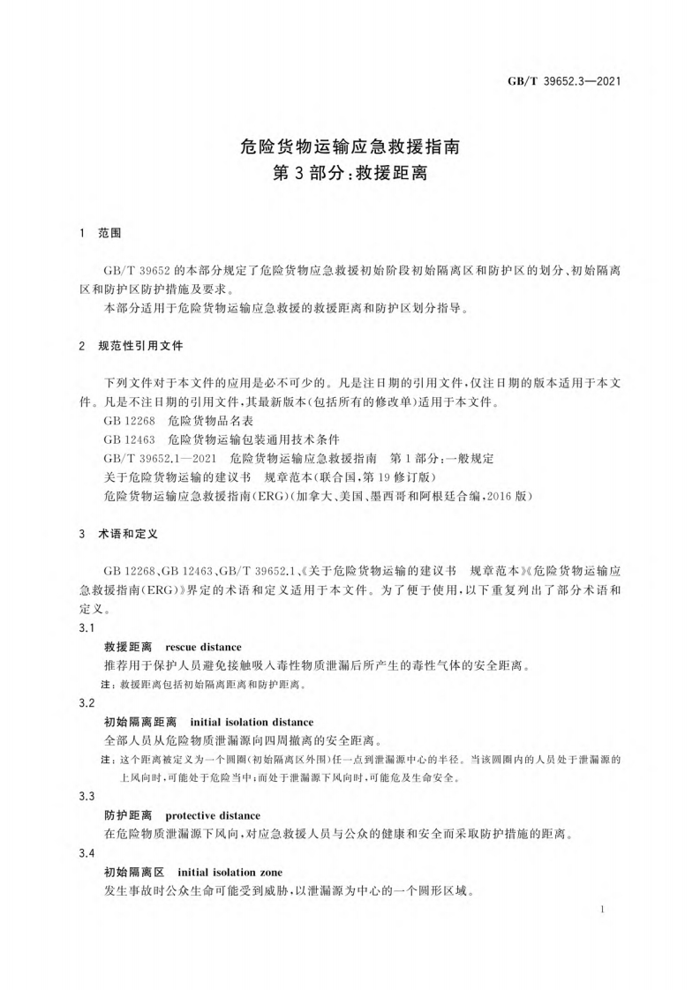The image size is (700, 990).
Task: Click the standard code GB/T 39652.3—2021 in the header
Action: click(x=566, y=83)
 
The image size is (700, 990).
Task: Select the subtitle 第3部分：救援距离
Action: click(x=350, y=172)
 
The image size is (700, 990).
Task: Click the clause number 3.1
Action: click(x=87, y=628)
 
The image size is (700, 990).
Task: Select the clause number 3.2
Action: click(x=87, y=703)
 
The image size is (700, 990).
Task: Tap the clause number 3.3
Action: click(x=87, y=796)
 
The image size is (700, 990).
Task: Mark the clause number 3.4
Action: click(x=87, y=853)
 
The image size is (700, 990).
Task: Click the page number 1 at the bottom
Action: click(x=601, y=908)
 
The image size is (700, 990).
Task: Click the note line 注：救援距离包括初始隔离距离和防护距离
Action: click(x=207, y=685)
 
